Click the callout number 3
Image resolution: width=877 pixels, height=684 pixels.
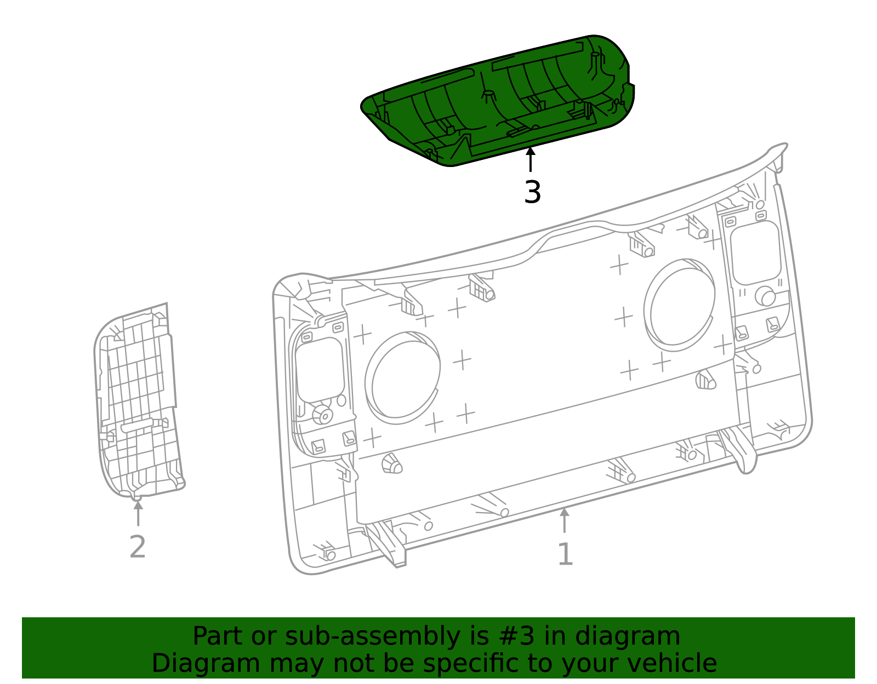(x=532, y=193)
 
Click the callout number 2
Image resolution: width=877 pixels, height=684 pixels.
(x=138, y=547)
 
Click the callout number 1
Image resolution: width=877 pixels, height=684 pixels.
(x=565, y=555)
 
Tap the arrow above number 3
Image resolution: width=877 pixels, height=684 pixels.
(x=530, y=159)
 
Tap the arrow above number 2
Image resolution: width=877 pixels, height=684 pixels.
(x=138, y=512)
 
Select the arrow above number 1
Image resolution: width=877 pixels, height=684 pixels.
(x=564, y=520)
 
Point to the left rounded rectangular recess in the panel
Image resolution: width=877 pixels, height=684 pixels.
(x=320, y=370)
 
